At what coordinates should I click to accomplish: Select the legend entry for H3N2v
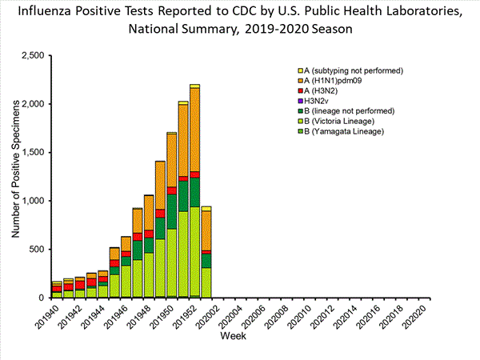(320, 101)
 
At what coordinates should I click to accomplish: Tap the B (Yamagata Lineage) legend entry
(341, 130)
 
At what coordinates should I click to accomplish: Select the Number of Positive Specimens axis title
(16, 176)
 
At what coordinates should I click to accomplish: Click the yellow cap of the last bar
(206, 208)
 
